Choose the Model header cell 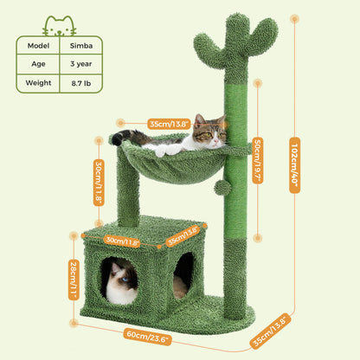[x=38, y=45]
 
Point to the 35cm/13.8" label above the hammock [x=169, y=123]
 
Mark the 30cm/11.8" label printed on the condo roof [x=121, y=241]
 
